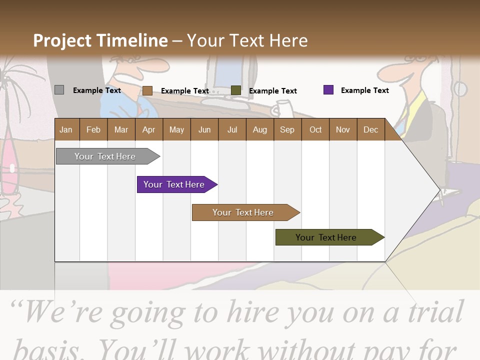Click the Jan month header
pyautogui.click(x=66, y=129)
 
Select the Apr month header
pyautogui.click(x=148, y=129)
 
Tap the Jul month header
pyautogui.click(x=232, y=129)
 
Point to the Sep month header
pyautogui.click(x=287, y=129)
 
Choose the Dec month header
pyautogui.click(x=370, y=129)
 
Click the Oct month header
pyautogui.click(x=315, y=129)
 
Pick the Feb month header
pyautogui.click(x=93, y=129)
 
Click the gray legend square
pyautogui.click(x=59, y=90)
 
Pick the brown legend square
pyautogui.click(x=147, y=90)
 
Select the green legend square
pyautogui.click(x=236, y=90)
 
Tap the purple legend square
pyautogui.click(x=328, y=90)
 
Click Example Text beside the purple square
pyautogui.click(x=364, y=90)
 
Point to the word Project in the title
pyautogui.click(x=62, y=40)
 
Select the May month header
pyautogui.click(x=176, y=129)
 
